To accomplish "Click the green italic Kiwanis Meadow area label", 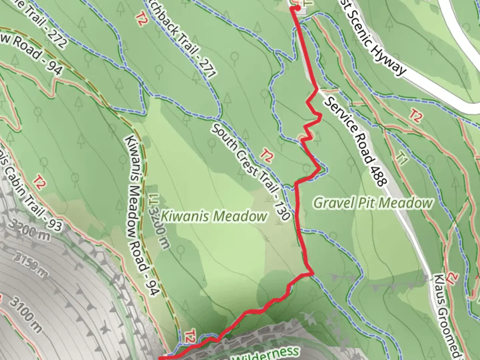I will click(214, 216).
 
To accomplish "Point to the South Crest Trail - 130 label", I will click(250, 172).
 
